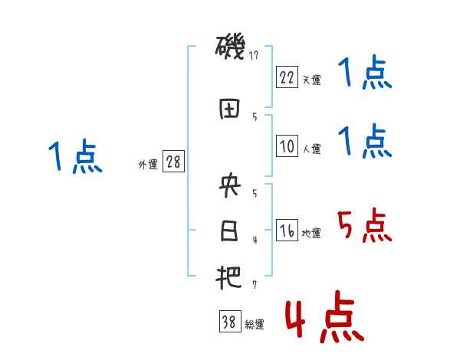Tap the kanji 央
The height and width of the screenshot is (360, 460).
[x=229, y=185]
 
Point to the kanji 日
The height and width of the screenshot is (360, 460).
[x=229, y=231]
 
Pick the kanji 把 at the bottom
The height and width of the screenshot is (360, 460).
[x=229, y=277]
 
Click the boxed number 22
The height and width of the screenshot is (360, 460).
[x=287, y=77]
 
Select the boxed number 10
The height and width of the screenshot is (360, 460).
[x=287, y=147]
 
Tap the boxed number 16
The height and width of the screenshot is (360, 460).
[x=287, y=231]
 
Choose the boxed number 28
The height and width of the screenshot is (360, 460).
[x=172, y=162]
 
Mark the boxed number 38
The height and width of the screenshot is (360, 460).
[x=229, y=322]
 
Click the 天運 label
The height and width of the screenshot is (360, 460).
[x=311, y=80]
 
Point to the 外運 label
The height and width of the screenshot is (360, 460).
[x=148, y=165]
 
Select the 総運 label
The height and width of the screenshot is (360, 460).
[x=254, y=325]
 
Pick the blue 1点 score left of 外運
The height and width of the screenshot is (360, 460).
[x=74, y=157]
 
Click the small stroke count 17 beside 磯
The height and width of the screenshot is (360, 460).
[x=255, y=55]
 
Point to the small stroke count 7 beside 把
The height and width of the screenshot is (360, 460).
[x=254, y=285]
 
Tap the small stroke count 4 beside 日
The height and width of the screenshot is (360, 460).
[x=254, y=240]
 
